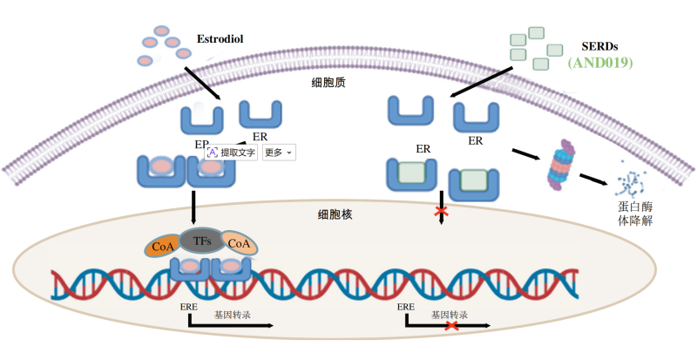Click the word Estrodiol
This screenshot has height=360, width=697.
220,39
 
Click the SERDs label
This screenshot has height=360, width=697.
599,46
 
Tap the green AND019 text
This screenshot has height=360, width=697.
600,62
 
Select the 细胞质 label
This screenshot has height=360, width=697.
328,82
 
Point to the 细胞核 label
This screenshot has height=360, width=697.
335,214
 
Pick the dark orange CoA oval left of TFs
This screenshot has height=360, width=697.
163,246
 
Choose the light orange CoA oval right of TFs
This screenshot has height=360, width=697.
239,243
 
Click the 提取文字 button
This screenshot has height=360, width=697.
231,153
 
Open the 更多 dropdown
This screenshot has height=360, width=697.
279,153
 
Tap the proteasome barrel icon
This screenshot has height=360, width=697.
561,165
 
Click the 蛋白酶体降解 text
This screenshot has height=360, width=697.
635,214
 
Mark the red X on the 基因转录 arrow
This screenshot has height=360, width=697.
452,326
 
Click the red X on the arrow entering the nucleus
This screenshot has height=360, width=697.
442,211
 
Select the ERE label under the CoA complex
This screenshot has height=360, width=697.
189,307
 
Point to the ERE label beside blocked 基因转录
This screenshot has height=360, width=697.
406,307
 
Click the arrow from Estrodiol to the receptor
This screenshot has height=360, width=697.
202,84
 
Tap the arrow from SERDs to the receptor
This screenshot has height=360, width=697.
481,82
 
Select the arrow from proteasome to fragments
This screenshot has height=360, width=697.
593,179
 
